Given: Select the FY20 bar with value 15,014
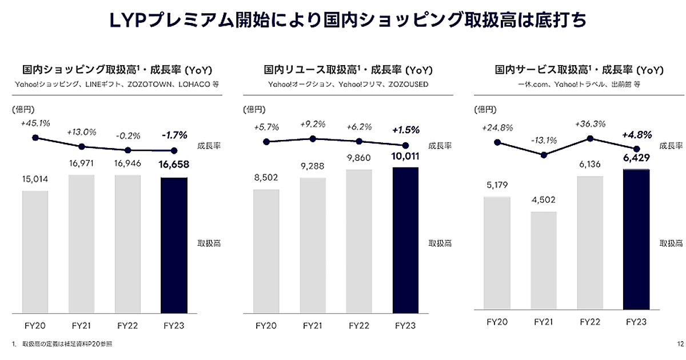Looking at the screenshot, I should pyautogui.click(x=35, y=251).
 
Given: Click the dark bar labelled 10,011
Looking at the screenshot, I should pyautogui.click(x=405, y=240).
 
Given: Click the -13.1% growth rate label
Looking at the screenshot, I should pyautogui.click(x=544, y=140).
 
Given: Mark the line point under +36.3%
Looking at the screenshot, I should pyautogui.click(x=590, y=138).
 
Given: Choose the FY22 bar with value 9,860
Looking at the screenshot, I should pyautogui.click(x=359, y=241).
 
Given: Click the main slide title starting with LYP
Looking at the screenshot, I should pyautogui.click(x=342, y=21).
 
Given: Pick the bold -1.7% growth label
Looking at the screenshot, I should pyautogui.click(x=174, y=136).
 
